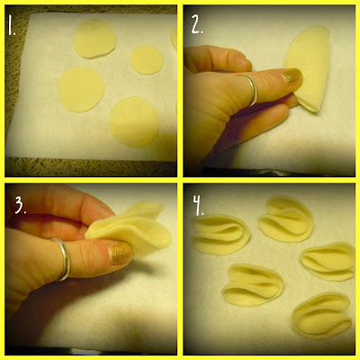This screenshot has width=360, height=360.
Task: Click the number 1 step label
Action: (x=12, y=26)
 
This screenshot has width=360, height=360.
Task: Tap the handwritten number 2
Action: (x=197, y=25)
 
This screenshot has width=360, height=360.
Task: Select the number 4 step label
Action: (x=198, y=205)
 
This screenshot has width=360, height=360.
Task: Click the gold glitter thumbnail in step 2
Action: (x=292, y=76)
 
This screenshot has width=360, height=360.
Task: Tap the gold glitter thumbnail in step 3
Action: (x=120, y=254)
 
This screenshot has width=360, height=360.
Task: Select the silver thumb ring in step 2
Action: (x=250, y=89)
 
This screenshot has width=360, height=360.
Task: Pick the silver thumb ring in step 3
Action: (x=61, y=258)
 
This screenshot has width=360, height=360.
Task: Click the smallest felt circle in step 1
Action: (x=147, y=59)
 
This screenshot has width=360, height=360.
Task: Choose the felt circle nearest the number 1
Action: (x=94, y=39)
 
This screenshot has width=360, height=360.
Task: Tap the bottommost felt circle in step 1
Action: (x=134, y=122)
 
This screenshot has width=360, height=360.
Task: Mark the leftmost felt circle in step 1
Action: (x=81, y=89)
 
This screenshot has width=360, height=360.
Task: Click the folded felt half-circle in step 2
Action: (x=308, y=67)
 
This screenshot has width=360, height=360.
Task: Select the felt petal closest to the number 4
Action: (x=220, y=235)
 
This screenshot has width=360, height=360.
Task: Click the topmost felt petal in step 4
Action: (x=286, y=219)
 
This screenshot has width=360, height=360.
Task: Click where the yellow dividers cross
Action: (x=180, y=180)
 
